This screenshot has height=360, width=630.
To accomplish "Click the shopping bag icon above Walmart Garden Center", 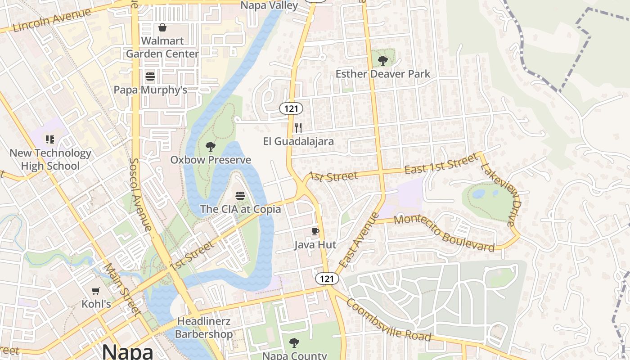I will pos(162,28).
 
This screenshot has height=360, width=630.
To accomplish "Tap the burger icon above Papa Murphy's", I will pos(150,76).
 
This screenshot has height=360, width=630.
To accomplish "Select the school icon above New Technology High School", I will pos(50,139).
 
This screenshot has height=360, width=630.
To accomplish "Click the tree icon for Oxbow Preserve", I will pos(210,147).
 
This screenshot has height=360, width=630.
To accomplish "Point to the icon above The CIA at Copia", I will pos(240,196).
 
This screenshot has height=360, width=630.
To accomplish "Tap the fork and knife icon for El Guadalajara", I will pos(298,128).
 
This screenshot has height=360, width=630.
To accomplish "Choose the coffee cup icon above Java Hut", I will pos(315,232).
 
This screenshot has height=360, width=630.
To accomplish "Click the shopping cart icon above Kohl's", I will pos(95,291).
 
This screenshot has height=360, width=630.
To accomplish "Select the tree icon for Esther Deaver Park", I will pos(383,60).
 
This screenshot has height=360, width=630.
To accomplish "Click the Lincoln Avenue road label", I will pos(52,20).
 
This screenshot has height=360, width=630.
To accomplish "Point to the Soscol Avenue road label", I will pos(141,194).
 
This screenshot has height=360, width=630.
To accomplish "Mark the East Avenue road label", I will pos(359,240).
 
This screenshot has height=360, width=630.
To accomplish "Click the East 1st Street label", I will pos(441,164).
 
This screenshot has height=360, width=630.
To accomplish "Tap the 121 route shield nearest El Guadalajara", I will pos(291,108).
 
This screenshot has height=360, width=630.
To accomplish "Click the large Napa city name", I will pos(127,351).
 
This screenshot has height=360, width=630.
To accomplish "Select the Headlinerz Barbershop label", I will pos(204,328).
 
